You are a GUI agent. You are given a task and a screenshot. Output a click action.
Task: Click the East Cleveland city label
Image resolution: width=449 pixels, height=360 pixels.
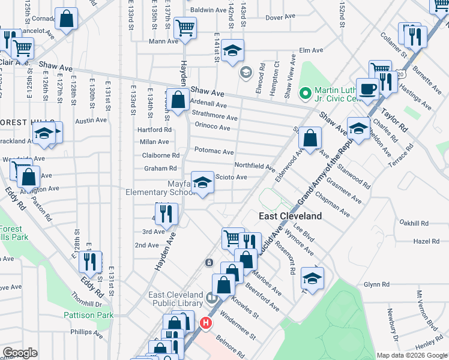[x=290, y=216]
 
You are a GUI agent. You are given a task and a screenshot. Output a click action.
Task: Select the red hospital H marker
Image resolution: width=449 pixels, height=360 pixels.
[x=206, y=323]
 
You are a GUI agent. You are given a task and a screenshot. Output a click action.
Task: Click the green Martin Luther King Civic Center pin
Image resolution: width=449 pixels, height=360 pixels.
[x=306, y=93]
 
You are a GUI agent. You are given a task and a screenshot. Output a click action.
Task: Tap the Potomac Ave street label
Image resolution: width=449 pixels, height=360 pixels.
[x=214, y=152]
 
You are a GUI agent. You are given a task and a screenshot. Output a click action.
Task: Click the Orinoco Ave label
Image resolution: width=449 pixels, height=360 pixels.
[x=212, y=127]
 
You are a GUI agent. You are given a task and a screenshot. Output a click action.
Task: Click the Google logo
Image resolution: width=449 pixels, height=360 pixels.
[x=20, y=353]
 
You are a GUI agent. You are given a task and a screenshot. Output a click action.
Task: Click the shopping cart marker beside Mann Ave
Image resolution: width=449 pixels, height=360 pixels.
[x=185, y=28]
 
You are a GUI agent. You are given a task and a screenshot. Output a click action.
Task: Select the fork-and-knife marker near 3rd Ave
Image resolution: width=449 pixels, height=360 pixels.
[x=166, y=212]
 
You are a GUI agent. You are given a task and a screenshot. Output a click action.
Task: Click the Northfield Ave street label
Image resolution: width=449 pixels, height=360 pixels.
[x=254, y=166]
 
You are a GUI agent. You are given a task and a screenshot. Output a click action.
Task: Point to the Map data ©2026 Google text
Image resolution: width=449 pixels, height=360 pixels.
[x=412, y=355]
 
